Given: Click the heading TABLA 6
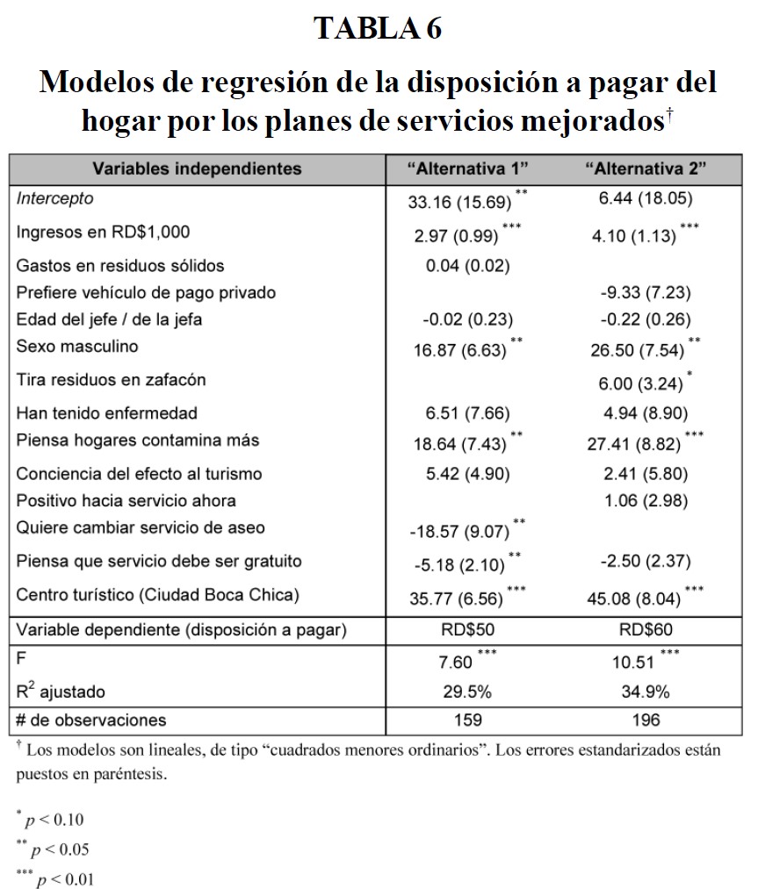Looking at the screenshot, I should coord(379,29).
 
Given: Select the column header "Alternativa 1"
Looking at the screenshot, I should coord(467,168).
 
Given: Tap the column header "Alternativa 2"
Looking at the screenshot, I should coord(646,168).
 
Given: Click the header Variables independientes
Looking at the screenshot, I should coord(198,168).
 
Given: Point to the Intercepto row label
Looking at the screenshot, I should coord(54,198).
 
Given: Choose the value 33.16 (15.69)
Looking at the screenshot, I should coord(459,202).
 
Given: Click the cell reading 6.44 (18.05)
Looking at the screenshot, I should coord(646,199).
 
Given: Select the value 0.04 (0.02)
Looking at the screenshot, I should coord(467,266).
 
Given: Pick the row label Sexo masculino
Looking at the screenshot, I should coord(77,346).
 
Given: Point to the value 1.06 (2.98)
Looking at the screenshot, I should coord(646,500).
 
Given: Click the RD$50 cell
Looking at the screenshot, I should coord(467,629).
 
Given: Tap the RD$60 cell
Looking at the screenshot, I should coord(646,629).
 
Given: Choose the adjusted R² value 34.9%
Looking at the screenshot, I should coord(646,692).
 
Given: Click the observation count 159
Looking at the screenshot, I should coord(467,720).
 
